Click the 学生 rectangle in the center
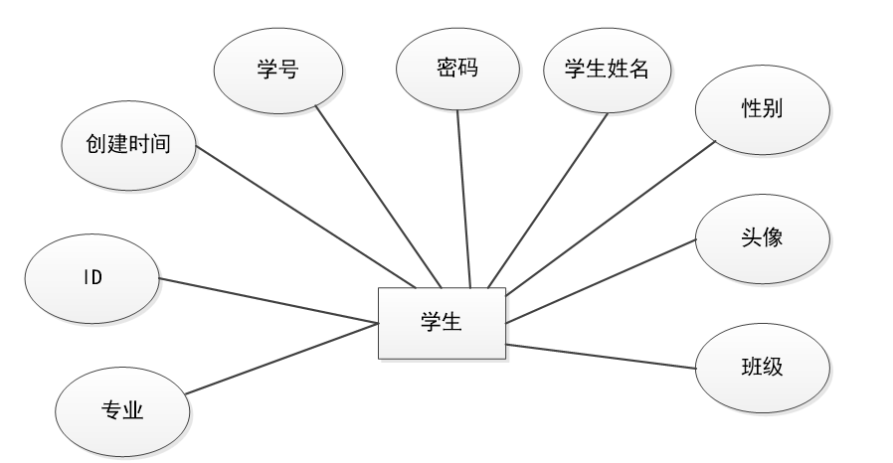(442, 322)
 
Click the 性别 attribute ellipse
(762, 108)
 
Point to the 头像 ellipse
(761, 238)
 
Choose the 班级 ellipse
(762, 367)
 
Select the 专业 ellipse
(123, 410)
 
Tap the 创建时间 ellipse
(128, 145)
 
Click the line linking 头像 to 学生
(601, 280)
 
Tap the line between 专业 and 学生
(282, 358)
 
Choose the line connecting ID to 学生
(268, 299)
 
